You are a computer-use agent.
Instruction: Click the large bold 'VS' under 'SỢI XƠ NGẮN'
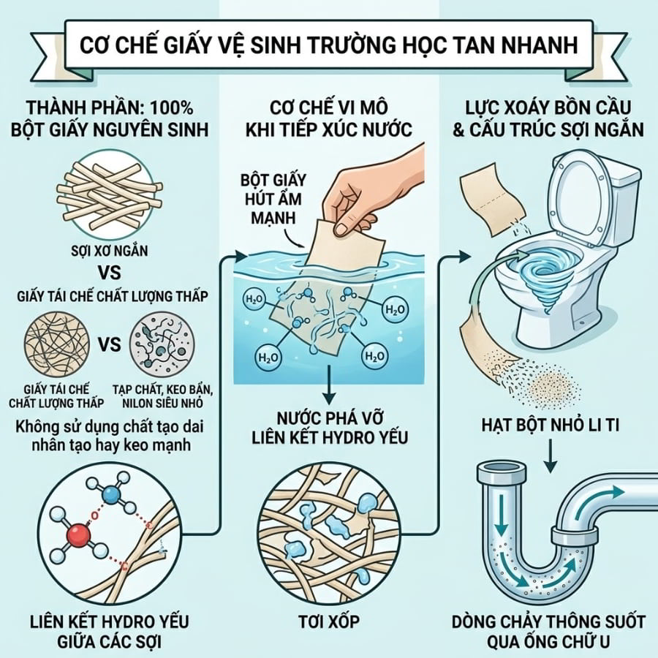[110, 273]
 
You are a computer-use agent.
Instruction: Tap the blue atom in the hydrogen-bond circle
[111, 494]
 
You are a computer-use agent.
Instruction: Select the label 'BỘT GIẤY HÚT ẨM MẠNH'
[273, 199]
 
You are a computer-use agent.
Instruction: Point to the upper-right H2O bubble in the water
[395, 310]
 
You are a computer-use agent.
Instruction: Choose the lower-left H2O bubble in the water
[268, 358]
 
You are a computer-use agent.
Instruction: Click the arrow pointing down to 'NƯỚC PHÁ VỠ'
[330, 383]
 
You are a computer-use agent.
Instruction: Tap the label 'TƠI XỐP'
[329, 621]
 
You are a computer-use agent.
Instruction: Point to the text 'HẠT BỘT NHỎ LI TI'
[550, 426]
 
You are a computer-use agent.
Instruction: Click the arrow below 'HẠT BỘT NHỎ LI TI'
[550, 455]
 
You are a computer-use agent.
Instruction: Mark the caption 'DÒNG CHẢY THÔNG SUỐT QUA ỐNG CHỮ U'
[548, 632]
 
